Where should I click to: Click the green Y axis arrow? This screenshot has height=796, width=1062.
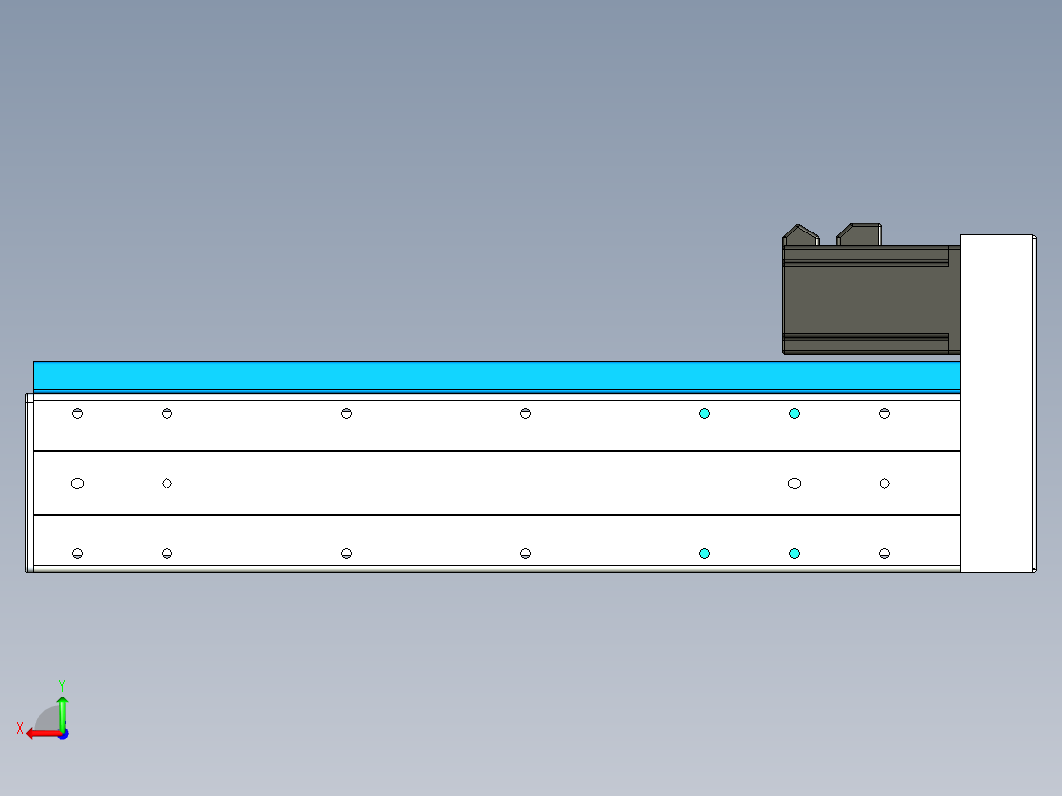click(62, 712)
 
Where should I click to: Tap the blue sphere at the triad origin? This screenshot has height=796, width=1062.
click(62, 734)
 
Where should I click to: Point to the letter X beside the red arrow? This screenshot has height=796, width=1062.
click(20, 729)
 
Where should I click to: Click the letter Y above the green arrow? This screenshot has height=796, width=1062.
click(61, 684)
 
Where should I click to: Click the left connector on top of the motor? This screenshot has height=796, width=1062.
click(800, 235)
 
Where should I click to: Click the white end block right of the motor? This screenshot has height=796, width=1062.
click(996, 404)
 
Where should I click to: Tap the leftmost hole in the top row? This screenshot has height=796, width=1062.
click(78, 414)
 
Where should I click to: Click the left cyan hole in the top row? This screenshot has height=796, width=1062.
click(704, 414)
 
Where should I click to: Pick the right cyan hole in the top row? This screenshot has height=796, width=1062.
click(794, 414)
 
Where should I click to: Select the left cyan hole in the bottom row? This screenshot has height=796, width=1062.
click(704, 554)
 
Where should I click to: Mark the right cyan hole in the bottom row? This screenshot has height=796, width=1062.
click(794, 554)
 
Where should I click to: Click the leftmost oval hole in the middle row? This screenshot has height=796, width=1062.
click(78, 484)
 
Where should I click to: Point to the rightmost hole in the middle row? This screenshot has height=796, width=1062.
click(884, 484)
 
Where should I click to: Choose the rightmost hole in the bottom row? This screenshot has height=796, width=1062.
click(884, 554)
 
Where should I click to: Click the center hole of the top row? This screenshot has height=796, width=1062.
click(525, 414)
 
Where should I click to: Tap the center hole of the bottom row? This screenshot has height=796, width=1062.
click(525, 554)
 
